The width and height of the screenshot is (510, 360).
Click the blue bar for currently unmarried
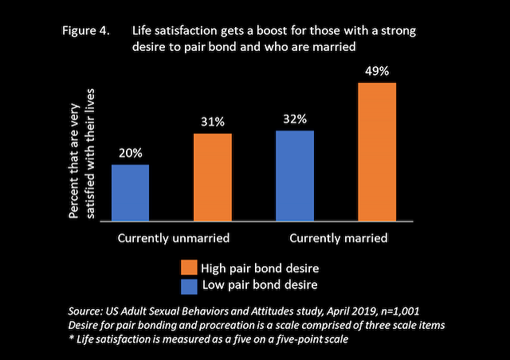130,193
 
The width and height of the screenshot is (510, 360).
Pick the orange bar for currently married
377,151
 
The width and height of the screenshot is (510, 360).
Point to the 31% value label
213,122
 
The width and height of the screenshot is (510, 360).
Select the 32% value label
294,119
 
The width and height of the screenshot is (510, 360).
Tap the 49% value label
377,71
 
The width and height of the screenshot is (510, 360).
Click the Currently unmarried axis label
174,238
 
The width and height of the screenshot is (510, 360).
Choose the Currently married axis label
338,238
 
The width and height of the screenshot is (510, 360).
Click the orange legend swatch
188,266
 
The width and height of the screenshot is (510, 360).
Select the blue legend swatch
188,284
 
